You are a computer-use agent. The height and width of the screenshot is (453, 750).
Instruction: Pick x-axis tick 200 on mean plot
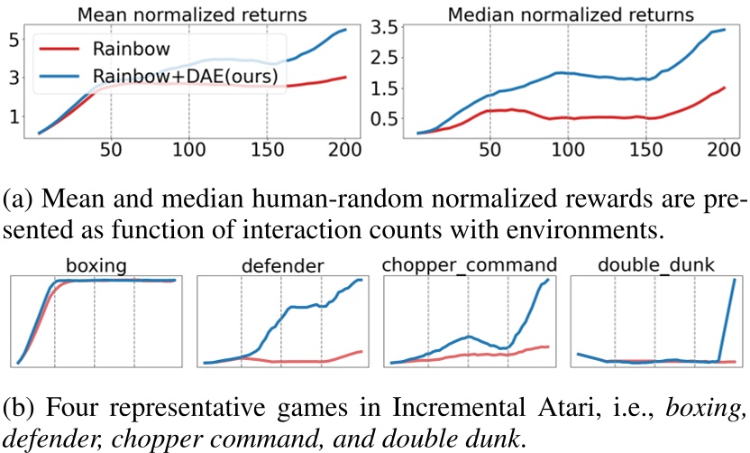pyautogui.click(x=344, y=150)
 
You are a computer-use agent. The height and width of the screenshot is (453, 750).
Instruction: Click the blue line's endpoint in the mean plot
pyautogui.click(x=346, y=30)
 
